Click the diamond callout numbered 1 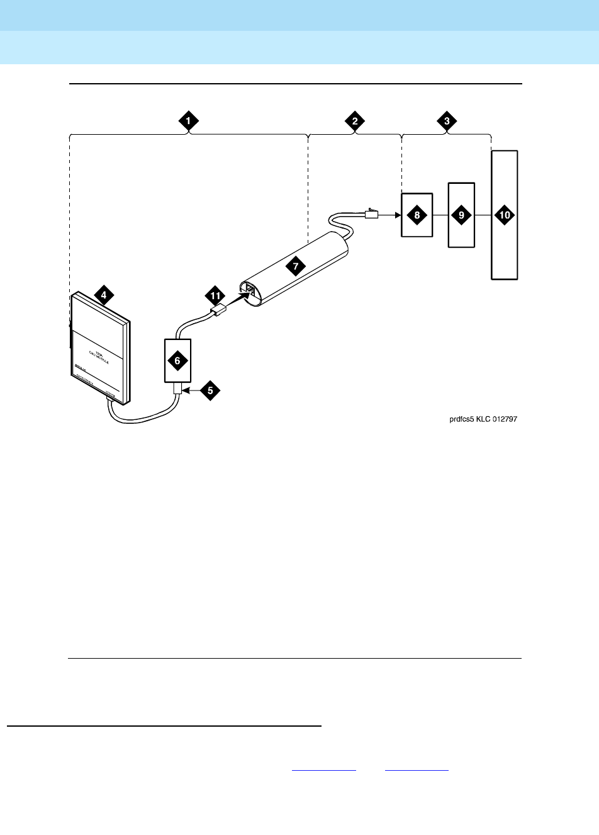coord(188,122)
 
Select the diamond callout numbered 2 coord(355,122)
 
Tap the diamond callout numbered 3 coord(446,122)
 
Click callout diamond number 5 coord(210,390)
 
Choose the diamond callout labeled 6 coord(177,361)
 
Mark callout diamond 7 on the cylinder coord(294,266)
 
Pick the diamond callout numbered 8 coord(417,215)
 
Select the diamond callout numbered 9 coord(461,215)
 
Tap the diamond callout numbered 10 coord(505,215)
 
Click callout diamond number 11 coord(215,295)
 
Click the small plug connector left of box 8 coord(371,214)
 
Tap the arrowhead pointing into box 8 coord(397,215)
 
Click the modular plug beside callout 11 coord(218,310)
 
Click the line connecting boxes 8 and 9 coord(440,215)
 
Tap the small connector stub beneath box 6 coord(177,390)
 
